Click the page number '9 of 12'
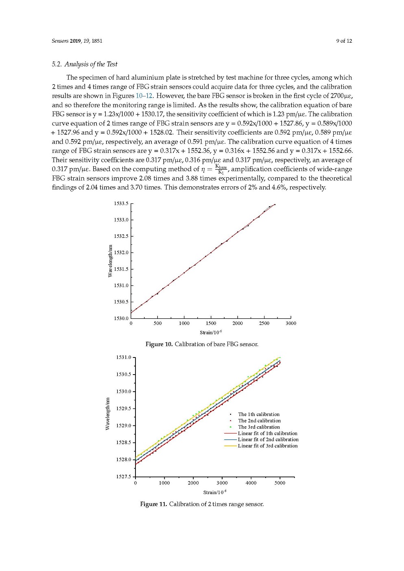click(344, 41)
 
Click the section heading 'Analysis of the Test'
click(90, 64)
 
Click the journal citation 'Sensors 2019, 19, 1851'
click(77, 41)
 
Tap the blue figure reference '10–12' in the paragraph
click(144, 96)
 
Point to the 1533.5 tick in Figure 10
click(121, 203)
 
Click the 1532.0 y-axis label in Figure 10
click(121, 253)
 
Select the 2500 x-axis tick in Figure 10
click(264, 323)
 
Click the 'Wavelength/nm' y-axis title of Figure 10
click(110, 261)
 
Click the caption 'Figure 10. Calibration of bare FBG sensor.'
click(202, 344)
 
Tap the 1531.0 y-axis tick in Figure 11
click(124, 357)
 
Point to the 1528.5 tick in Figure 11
click(124, 442)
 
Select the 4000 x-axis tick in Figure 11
click(251, 483)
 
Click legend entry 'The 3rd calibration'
click(259, 427)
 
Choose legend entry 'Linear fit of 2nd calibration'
click(268, 440)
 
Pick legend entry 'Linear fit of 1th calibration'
click(267, 434)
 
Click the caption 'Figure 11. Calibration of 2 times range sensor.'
click(202, 504)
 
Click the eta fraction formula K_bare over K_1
click(221, 169)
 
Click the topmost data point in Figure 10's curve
click(275, 205)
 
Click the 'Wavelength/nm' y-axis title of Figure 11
click(108, 414)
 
